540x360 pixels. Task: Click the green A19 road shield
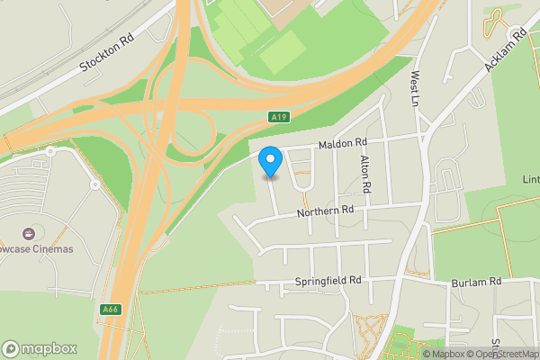(279, 117)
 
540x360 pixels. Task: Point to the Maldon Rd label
(341, 143)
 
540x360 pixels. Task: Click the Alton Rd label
(365, 175)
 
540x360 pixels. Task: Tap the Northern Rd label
(326, 211)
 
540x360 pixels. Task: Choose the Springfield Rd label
(328, 281)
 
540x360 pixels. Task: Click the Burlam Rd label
(476, 282)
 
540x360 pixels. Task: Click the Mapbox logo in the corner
(38, 348)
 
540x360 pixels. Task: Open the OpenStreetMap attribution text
(505, 354)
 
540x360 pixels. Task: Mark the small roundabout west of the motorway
(94, 184)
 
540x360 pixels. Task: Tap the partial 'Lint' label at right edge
(529, 181)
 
